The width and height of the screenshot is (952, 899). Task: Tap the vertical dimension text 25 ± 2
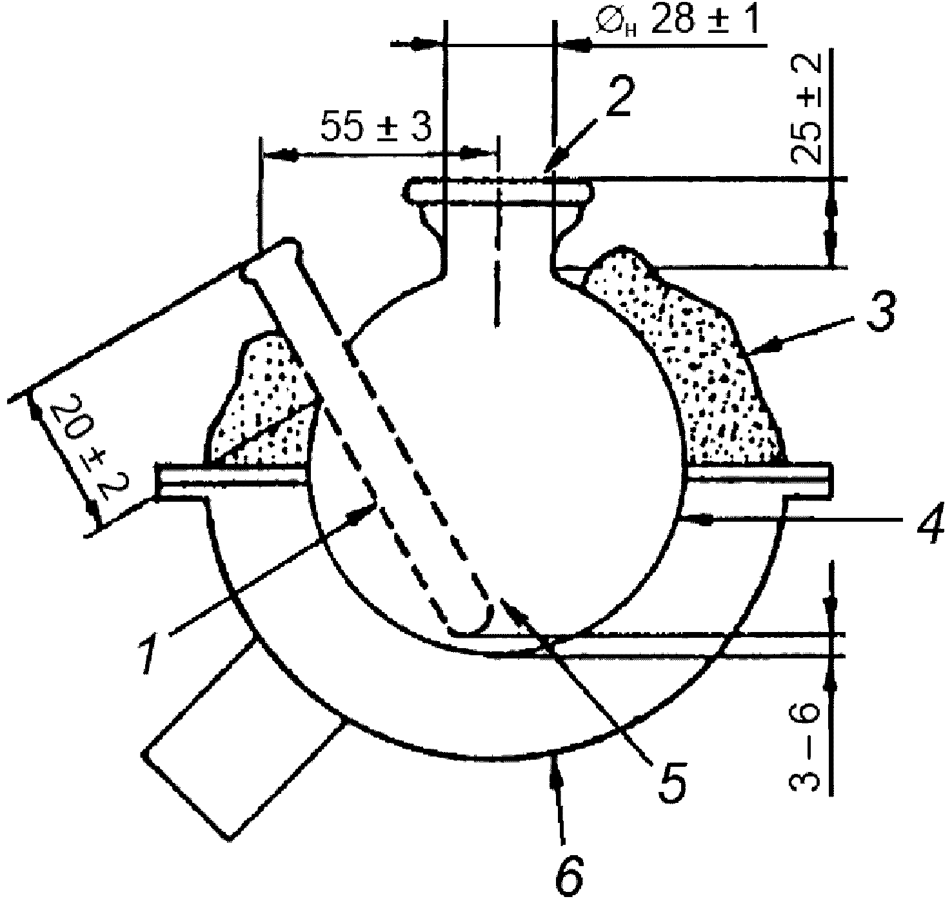click(807, 107)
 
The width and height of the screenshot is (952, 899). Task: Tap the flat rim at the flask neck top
click(498, 190)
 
